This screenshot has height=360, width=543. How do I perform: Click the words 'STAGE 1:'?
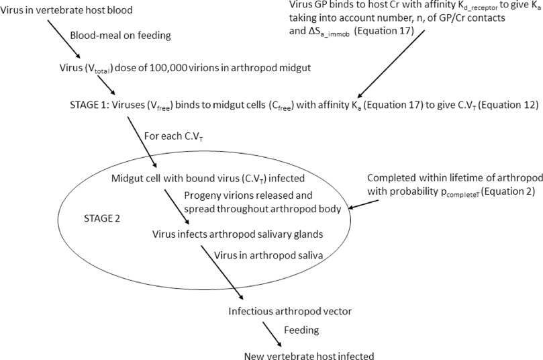89,105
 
